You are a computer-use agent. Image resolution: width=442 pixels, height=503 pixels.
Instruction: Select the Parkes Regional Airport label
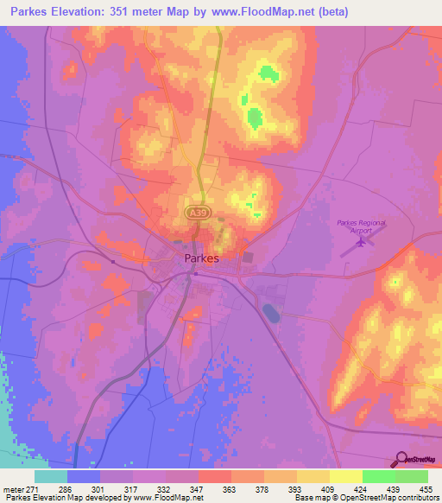(x=362, y=226)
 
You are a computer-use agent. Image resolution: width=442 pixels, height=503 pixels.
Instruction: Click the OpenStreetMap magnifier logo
(x=401, y=459)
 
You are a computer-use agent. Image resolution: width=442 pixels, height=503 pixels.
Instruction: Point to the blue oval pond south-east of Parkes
(x=271, y=311)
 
